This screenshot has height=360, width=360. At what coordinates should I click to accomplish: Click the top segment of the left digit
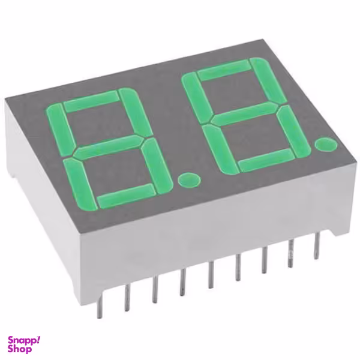pyautogui.click(x=91, y=101)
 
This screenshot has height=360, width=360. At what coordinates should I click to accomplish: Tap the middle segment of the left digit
pyautogui.click(x=108, y=147)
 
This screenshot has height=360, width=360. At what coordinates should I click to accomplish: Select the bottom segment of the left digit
pyautogui.click(x=126, y=196)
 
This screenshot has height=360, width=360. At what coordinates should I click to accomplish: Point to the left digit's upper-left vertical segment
pyautogui.click(x=60, y=129)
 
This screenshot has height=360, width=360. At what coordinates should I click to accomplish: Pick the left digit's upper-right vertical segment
pyautogui.click(x=136, y=112)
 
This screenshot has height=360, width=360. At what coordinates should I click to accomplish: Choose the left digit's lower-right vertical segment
pyautogui.click(x=155, y=165)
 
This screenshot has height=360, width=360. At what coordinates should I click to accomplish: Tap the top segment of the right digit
pyautogui.click(x=224, y=70)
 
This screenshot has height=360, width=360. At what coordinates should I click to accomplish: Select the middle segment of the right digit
pyautogui.click(x=244, y=114)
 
